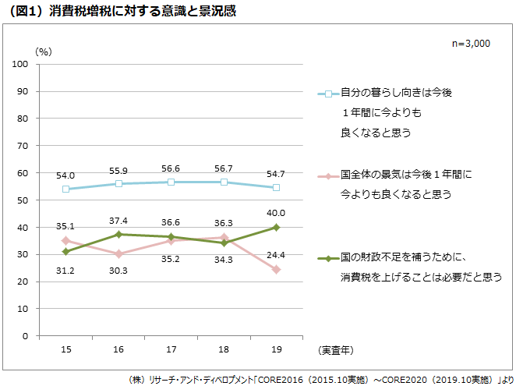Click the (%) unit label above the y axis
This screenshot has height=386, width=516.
click(x=44, y=51)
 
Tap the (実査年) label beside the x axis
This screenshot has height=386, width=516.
click(x=339, y=351)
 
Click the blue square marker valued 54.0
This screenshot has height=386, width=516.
click(x=66, y=189)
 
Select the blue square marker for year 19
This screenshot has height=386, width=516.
click(x=277, y=188)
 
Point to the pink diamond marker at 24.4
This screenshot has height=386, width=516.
click(x=277, y=270)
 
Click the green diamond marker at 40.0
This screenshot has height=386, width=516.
click(x=277, y=228)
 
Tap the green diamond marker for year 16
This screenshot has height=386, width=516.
click(x=118, y=235)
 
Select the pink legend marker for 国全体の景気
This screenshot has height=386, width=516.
click(x=328, y=175)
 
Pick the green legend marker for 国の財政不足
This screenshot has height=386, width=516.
click(x=328, y=257)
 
